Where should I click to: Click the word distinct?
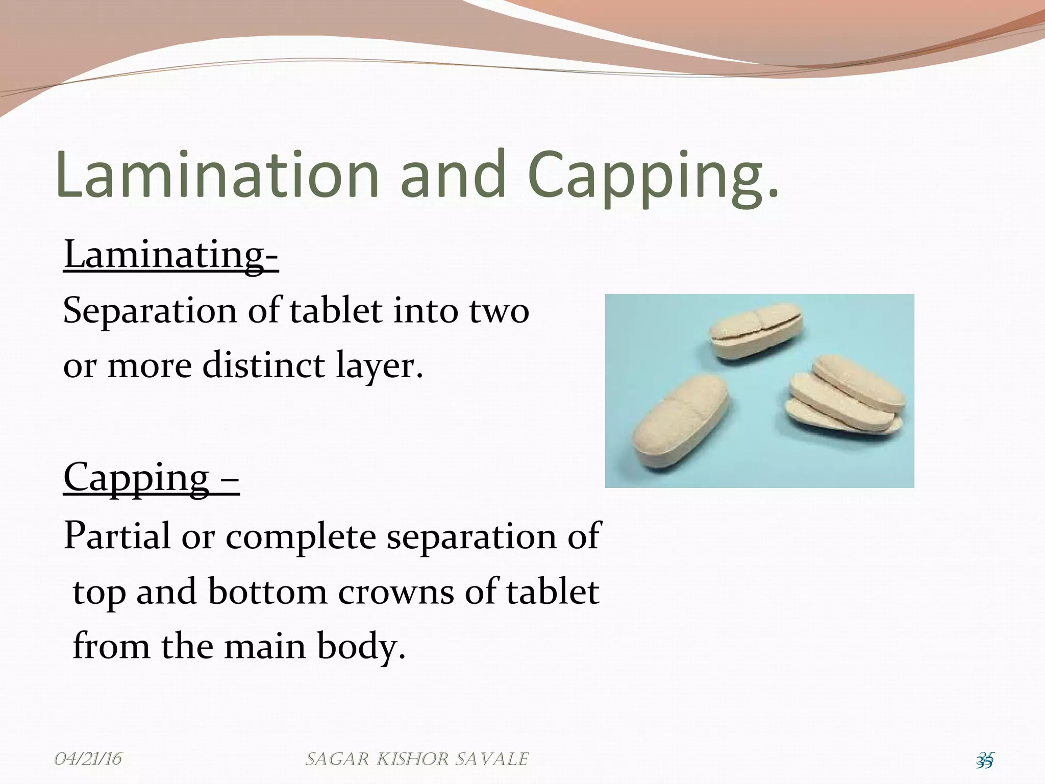click(263, 365)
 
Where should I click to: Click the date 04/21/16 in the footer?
click(88, 758)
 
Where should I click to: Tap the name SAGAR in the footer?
click(337, 759)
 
